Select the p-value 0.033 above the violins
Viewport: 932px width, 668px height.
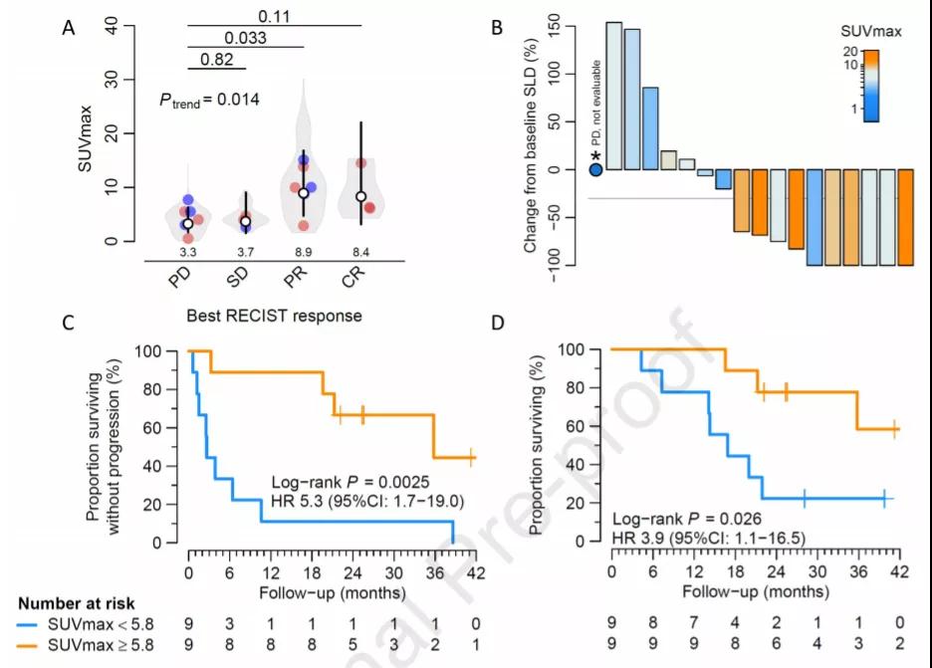(x=245, y=38)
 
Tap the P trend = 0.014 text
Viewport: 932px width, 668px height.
(x=210, y=100)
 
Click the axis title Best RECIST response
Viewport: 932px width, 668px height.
(x=274, y=317)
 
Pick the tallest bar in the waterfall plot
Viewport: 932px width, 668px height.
(x=613, y=96)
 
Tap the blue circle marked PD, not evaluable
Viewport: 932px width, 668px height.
(x=595, y=169)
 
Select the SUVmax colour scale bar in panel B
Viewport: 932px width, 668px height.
(x=870, y=86)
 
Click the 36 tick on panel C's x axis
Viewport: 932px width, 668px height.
(x=434, y=573)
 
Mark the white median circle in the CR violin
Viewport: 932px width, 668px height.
(x=361, y=197)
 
